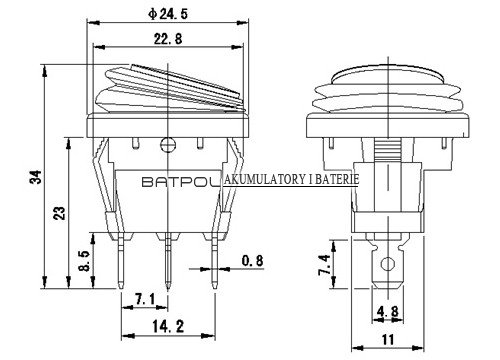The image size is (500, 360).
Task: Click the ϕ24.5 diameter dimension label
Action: (x=168, y=14)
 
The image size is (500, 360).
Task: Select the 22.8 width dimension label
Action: (x=168, y=39)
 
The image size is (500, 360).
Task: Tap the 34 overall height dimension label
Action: (x=36, y=177)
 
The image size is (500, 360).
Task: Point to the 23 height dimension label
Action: (x=60, y=213)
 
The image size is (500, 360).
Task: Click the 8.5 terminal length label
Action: (x=85, y=261)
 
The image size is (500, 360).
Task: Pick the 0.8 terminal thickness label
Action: (x=252, y=260)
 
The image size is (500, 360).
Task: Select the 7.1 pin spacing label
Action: (x=145, y=299)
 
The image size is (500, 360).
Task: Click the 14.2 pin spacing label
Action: (x=168, y=326)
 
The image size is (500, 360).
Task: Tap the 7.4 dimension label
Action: (x=324, y=264)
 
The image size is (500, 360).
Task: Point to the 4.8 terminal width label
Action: (x=387, y=312)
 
